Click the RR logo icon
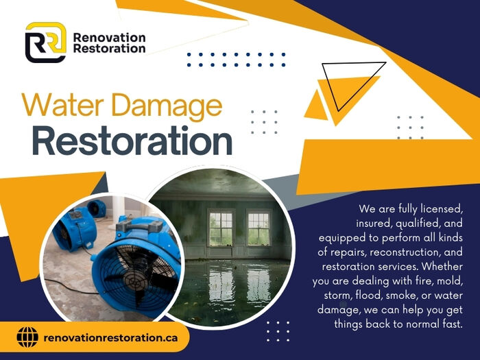(46, 43)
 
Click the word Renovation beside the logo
(109, 38)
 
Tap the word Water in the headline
(62, 105)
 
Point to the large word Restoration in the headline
(132, 141)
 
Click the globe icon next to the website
(27, 337)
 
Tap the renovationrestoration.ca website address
(110, 337)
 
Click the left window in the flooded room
(220, 228)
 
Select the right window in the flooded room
(259, 228)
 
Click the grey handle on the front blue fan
(139, 226)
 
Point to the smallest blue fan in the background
(97, 208)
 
